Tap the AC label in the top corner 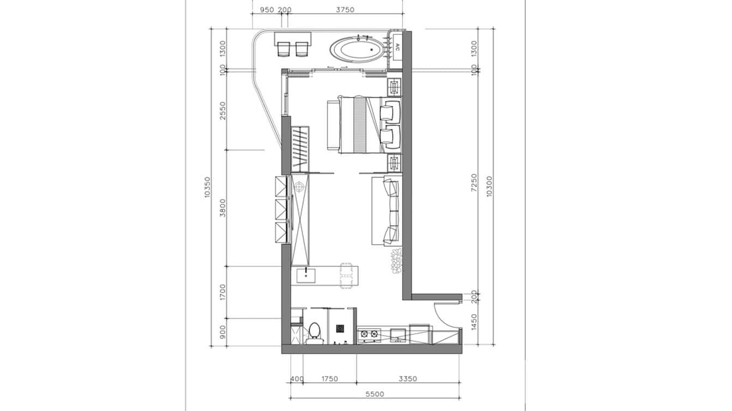(398, 49)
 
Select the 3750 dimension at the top (345, 10)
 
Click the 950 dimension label (267, 10)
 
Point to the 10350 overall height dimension (207, 187)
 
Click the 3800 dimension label (223, 208)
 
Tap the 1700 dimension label (223, 292)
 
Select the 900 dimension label (223, 332)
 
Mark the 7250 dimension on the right (474, 183)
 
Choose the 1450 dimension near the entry (474, 322)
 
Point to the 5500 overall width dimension (375, 394)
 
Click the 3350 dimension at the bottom (407, 379)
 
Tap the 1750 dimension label (329, 379)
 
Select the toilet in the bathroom (314, 332)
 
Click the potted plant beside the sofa (395, 260)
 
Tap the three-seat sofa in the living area (387, 211)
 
